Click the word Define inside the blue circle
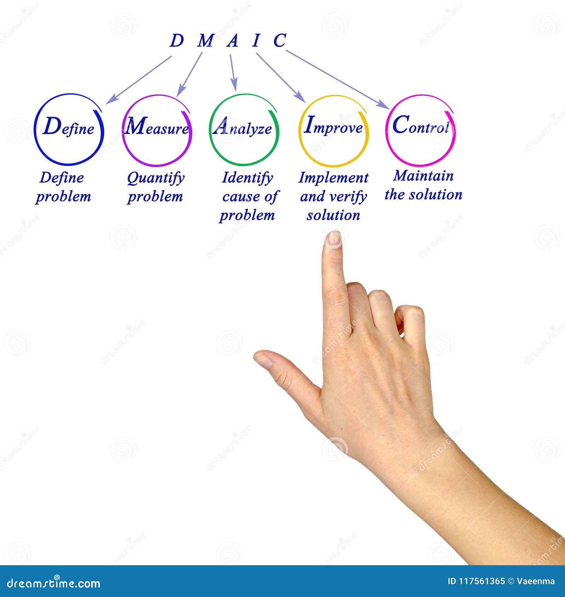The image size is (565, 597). tap(69, 127)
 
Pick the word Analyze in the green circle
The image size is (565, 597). tap(243, 128)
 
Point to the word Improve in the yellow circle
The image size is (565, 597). tap(333, 126)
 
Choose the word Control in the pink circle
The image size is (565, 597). tap(421, 125)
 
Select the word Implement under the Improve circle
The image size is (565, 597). tap(333, 178)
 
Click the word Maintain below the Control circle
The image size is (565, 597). tap(423, 176)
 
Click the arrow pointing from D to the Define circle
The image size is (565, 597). tap(139, 80)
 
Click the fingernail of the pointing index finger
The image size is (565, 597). tap(333, 239)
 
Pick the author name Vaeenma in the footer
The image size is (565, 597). tap(536, 581)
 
